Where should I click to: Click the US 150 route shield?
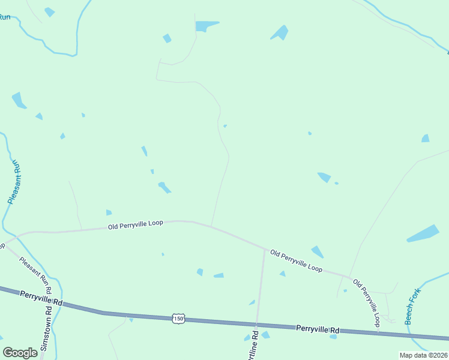click(x=178, y=318)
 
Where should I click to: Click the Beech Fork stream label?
click(x=413, y=307)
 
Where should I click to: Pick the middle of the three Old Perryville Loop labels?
click(x=296, y=260)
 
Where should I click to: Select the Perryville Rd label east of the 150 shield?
click(x=318, y=329)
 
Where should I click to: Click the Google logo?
click(x=20, y=353)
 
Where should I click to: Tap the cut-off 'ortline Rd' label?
click(x=255, y=345)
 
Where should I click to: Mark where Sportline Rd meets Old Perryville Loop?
click(x=264, y=249)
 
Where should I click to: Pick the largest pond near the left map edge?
click(x=19, y=100)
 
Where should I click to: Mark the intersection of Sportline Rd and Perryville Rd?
click(x=258, y=324)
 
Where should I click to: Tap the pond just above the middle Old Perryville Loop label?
click(x=318, y=251)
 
